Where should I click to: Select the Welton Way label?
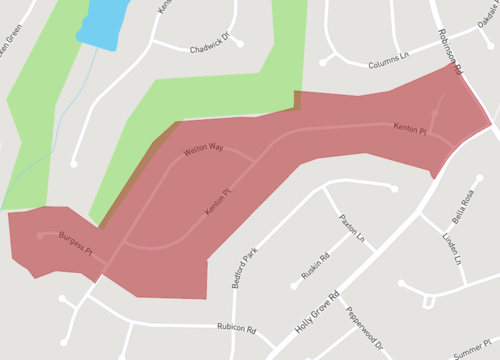click(x=204, y=150)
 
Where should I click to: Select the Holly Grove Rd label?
click(x=317, y=312)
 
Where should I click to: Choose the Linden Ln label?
click(x=453, y=247)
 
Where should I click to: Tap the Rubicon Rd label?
click(x=237, y=329)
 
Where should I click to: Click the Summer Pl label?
click(x=471, y=353)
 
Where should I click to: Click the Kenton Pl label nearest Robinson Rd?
click(x=410, y=130)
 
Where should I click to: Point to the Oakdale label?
click(x=487, y=14)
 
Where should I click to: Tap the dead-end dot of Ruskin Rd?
click(x=293, y=286)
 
